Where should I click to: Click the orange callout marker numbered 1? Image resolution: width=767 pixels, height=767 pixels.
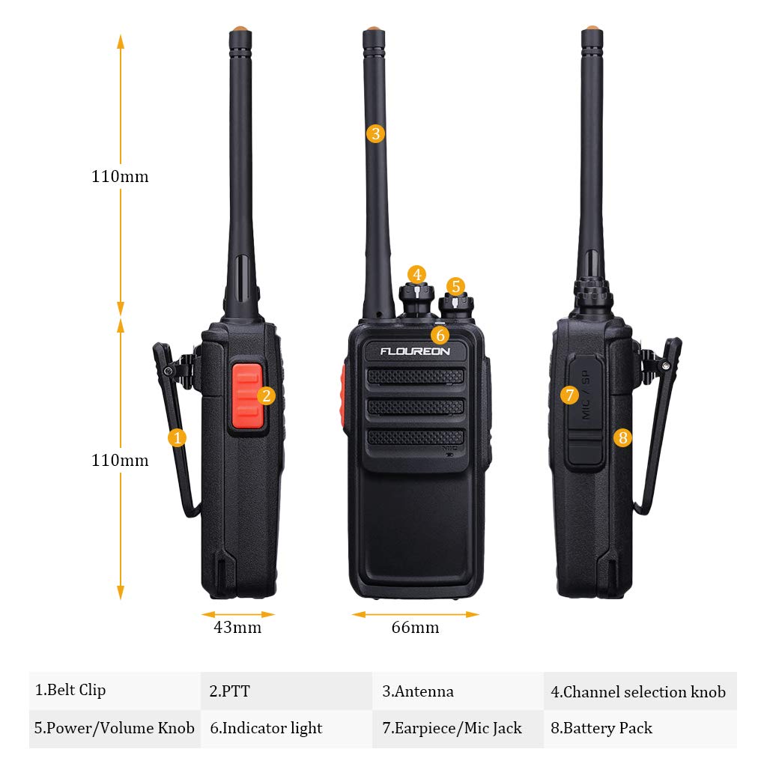178,437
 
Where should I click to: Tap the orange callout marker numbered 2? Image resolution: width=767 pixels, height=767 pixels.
267,395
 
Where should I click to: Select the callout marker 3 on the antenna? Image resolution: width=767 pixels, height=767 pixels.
375,134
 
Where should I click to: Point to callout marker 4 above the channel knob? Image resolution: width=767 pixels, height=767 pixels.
417,274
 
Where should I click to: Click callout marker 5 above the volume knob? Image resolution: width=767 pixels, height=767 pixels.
455,286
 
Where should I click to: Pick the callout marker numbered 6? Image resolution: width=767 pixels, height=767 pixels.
440,335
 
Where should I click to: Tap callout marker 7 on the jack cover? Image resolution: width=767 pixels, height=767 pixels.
569,394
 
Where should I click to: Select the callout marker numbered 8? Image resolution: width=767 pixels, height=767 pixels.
623,437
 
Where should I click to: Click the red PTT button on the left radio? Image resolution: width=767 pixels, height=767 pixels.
246,397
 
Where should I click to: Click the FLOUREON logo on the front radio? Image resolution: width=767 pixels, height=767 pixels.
415,351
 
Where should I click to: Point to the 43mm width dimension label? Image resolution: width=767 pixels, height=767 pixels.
238,628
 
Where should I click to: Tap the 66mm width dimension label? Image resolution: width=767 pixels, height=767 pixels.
415,628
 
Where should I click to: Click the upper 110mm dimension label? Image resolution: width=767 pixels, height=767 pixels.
120,177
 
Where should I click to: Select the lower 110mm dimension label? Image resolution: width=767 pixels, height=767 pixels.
120,460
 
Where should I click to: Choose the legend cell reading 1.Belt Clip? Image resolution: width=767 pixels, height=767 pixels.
115,691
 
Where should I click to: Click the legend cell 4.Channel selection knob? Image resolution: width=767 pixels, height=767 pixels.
640,691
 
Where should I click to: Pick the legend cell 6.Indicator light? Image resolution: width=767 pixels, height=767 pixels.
286,728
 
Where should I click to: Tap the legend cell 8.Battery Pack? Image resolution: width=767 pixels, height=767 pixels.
640,728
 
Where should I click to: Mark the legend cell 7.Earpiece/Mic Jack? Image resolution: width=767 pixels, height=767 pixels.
458,728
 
